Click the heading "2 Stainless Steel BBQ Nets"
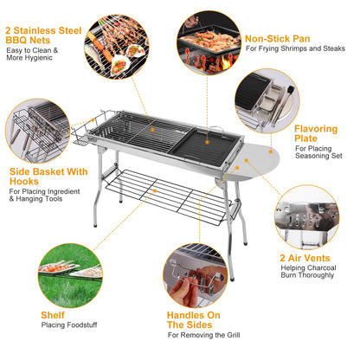click(42, 35)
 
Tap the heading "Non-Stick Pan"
click(277, 39)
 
